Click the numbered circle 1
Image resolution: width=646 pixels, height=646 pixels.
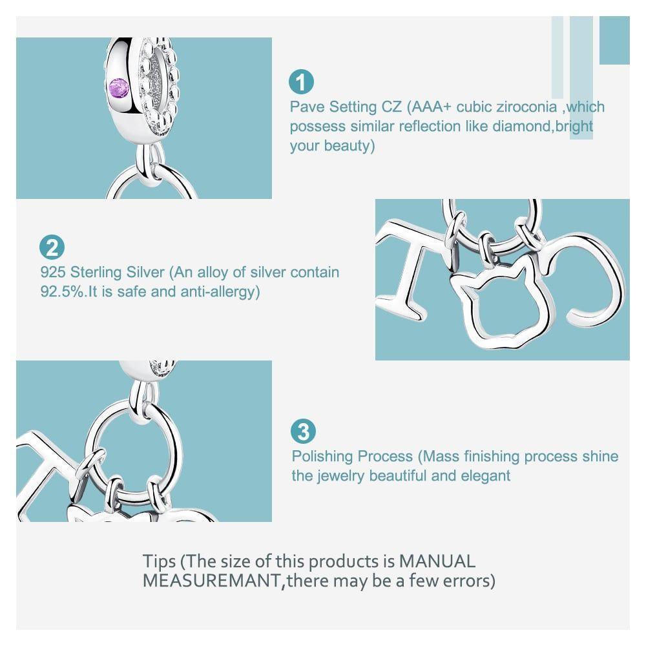pyautogui.click(x=301, y=82)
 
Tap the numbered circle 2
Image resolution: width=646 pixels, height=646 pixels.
pyautogui.click(x=52, y=247)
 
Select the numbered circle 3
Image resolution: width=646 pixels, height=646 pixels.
pyautogui.click(x=303, y=432)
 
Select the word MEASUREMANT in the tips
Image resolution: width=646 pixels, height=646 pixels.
pyautogui.click(x=212, y=581)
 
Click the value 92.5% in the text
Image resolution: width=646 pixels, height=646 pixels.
pyautogui.click(x=63, y=291)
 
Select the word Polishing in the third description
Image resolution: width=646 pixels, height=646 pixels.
pyautogui.click(x=321, y=457)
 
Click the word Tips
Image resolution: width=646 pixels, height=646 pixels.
pyautogui.click(x=159, y=561)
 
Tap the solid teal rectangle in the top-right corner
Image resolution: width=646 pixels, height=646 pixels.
pyautogui.click(x=614, y=40)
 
